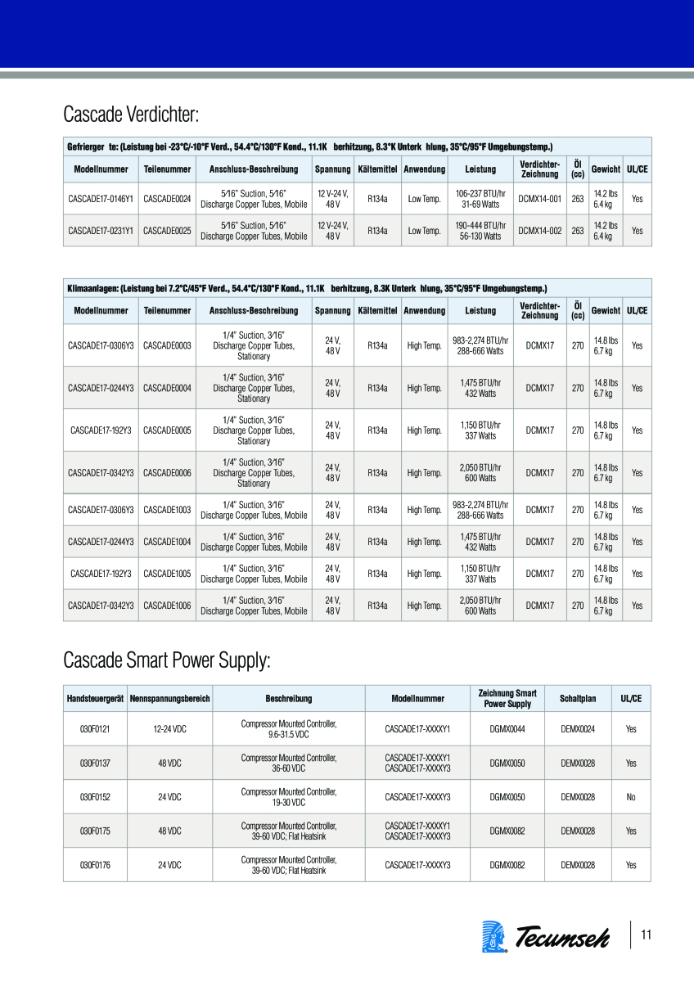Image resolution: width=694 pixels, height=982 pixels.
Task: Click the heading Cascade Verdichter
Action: click(132, 113)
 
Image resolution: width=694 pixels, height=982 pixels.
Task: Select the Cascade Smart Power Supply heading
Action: click(166, 660)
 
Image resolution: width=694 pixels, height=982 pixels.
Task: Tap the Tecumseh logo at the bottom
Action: click(547, 936)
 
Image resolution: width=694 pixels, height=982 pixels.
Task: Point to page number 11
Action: click(647, 935)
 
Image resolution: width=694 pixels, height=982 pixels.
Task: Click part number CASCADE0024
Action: click(167, 199)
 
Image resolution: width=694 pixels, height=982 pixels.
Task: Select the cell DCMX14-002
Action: click(540, 231)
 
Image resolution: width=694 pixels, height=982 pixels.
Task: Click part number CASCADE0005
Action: click(167, 430)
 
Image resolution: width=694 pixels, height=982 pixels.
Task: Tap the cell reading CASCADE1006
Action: click(167, 606)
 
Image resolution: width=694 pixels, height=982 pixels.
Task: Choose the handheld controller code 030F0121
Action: click(95, 729)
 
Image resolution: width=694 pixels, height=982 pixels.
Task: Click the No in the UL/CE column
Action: click(631, 797)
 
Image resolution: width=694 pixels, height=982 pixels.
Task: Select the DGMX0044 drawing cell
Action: click(507, 729)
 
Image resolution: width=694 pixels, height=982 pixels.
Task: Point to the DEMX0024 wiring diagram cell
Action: click(578, 729)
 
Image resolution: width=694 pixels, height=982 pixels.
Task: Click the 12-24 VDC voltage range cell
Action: click(169, 729)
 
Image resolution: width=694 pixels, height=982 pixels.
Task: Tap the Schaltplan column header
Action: click(578, 699)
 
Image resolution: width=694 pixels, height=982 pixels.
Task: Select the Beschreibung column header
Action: click(288, 699)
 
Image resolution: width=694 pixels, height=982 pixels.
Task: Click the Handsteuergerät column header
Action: click(95, 699)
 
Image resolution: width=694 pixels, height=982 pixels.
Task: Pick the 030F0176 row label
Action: click(95, 865)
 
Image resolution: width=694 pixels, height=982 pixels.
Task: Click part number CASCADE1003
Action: click(167, 510)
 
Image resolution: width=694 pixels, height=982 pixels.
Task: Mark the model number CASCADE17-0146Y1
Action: click(101, 199)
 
